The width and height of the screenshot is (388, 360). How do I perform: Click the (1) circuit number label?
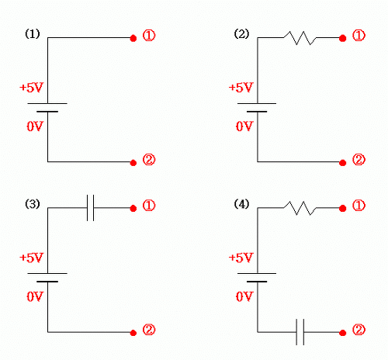coord(33,34)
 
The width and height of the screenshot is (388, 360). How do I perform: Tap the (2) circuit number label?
coord(241,34)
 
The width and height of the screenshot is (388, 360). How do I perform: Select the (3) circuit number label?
coord(33,204)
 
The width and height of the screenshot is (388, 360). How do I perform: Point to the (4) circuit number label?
coord(241,204)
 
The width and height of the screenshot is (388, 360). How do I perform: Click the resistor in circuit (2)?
coord(300,38)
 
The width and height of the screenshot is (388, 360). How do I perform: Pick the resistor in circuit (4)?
coord(300,208)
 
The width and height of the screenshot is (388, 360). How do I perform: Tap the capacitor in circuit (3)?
coord(90,208)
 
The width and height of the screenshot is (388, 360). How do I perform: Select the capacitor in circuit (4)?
coord(300,332)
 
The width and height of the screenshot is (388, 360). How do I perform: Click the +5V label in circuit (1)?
coord(31,88)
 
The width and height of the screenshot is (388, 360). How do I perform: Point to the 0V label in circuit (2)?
coord(244,126)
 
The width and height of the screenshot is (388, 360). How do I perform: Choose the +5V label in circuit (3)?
coord(31,258)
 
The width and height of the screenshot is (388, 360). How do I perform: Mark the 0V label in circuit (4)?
coord(244,296)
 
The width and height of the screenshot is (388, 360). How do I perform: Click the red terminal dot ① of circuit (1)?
coord(133,39)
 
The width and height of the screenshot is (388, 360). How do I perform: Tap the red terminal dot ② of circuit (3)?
coord(133,333)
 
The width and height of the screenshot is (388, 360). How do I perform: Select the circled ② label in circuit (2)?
coord(359,160)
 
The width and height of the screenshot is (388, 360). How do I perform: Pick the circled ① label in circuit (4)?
coord(359,206)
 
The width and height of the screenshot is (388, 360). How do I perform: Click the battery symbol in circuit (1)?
coord(47,108)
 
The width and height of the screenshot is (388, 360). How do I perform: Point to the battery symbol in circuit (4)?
coord(257,278)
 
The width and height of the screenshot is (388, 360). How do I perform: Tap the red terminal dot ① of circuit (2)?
coord(343,39)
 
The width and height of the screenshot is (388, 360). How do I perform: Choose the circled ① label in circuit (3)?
coord(149,206)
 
